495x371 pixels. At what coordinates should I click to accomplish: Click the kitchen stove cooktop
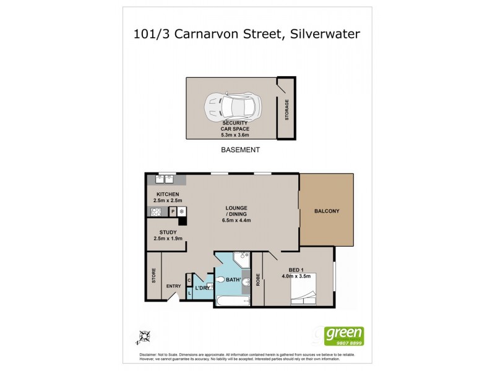[155, 211]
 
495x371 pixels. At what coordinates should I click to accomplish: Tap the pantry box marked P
[173, 211]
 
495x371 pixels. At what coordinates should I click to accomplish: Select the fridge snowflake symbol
[182, 211]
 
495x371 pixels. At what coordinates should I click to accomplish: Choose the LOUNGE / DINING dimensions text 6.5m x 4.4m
[236, 220]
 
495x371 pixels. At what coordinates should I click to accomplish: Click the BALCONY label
[327, 211]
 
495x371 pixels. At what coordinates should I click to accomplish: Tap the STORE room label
[153, 275]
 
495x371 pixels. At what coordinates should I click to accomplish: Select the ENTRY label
[174, 286]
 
